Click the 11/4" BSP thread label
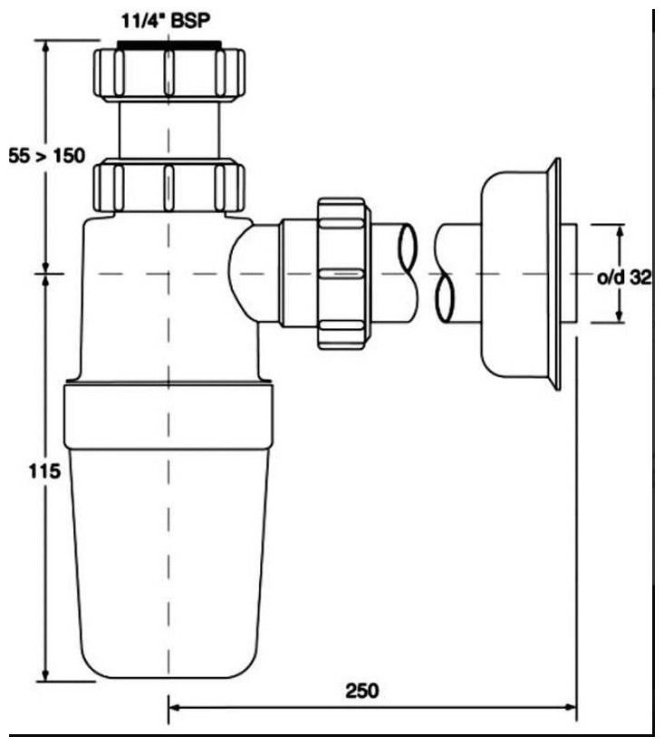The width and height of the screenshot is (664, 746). tap(165, 21)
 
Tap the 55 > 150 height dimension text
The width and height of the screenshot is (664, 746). tap(46, 156)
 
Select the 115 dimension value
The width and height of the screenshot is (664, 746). tap(44, 471)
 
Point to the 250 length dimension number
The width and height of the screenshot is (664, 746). tap(362, 691)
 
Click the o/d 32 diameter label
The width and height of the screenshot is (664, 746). tap(623, 277)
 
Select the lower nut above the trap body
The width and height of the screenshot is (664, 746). tap(168, 186)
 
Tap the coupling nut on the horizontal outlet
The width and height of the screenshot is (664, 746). tap(343, 273)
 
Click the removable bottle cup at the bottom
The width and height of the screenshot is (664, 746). tap(168, 563)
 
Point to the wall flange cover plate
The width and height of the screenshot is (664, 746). tap(522, 274)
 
